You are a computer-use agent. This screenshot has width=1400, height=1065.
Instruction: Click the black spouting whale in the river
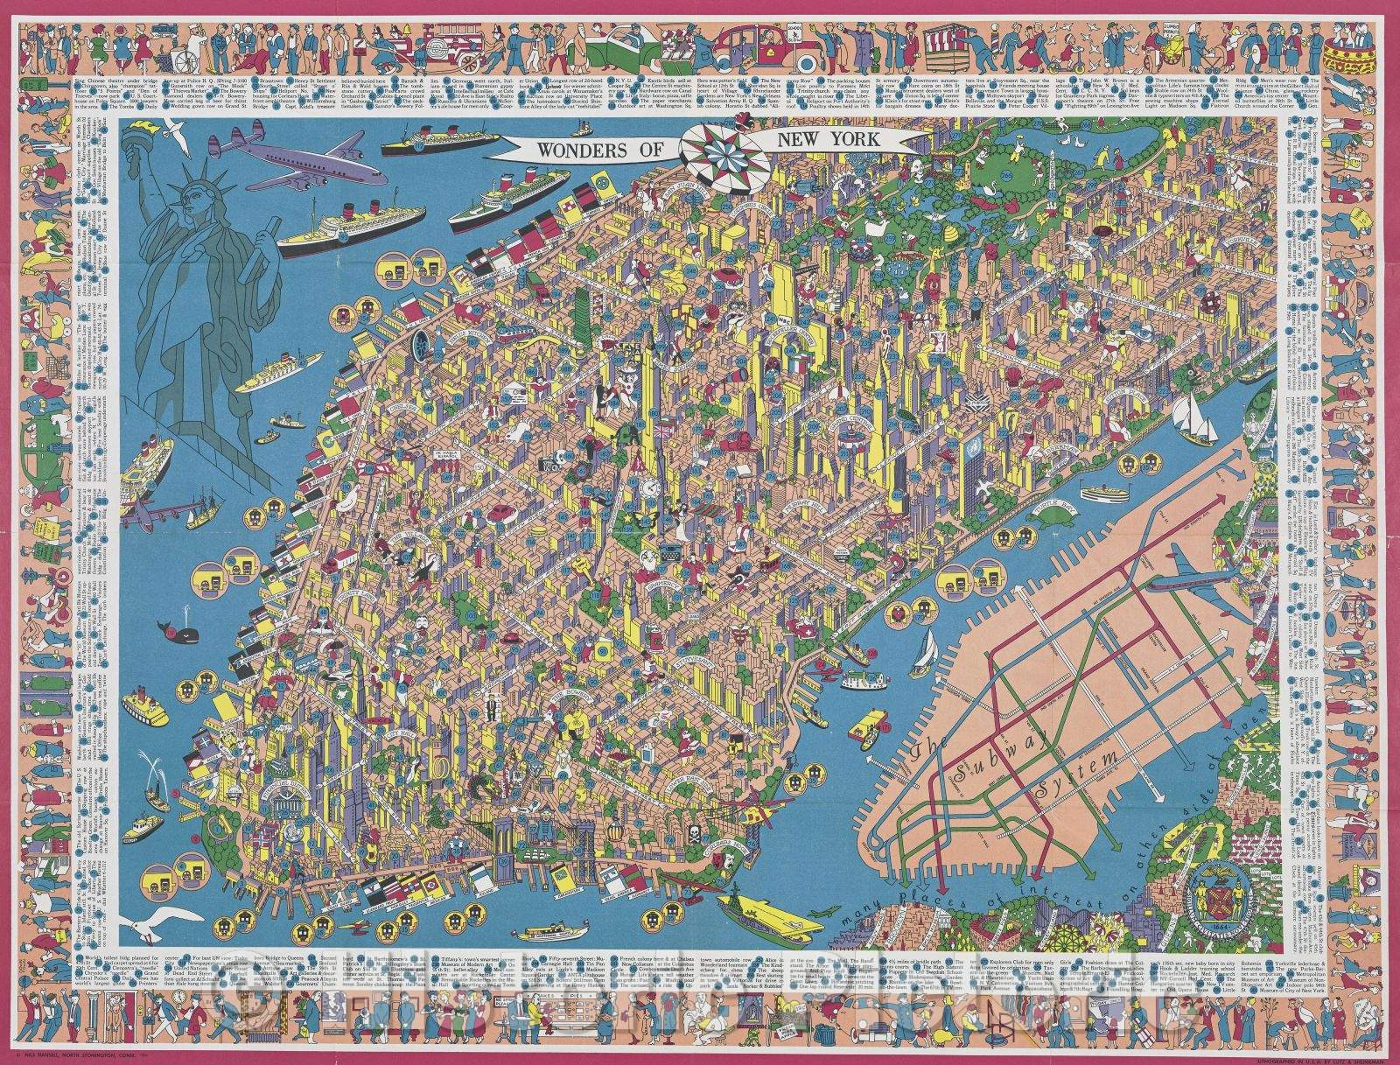pyautogui.click(x=169, y=627)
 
